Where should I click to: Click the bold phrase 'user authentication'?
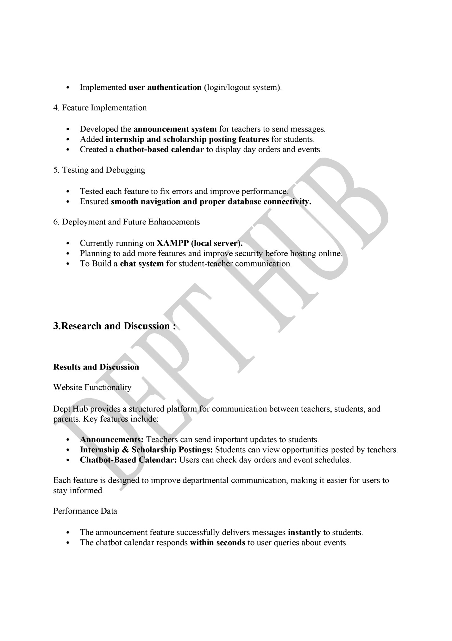point(165,87)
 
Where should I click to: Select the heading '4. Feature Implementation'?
point(100,108)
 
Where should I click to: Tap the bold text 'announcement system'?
point(175,129)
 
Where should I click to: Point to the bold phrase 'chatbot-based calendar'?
point(160,150)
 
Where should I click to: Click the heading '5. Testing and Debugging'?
point(99,170)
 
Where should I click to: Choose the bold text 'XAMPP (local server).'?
point(200,243)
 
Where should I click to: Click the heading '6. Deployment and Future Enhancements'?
point(127,222)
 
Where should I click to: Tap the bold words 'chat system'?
point(142,264)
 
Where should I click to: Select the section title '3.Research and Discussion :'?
point(114,326)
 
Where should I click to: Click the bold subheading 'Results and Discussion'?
point(96,367)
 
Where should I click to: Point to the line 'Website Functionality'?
point(92,388)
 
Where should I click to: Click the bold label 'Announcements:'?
point(112,440)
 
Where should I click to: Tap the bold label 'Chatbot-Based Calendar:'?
point(128,460)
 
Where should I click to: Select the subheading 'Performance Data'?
point(85,511)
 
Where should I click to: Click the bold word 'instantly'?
point(304,533)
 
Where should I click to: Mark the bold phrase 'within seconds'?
point(217,543)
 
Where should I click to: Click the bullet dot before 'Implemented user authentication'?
point(68,88)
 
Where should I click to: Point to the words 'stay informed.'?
point(78,491)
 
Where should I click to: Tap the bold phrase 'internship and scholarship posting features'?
point(187,139)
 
